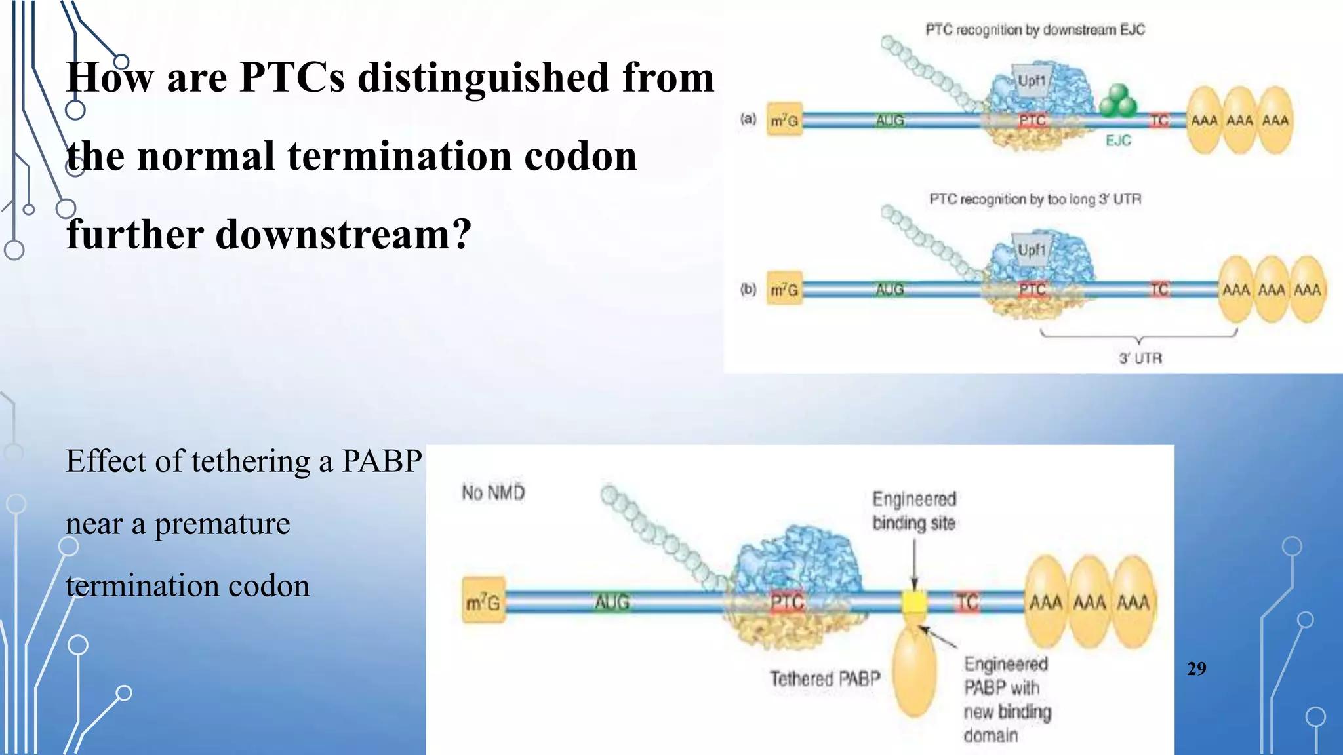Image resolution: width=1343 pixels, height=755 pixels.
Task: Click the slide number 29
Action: pos(1196,668)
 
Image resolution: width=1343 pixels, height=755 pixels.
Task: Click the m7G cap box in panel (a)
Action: pos(784,121)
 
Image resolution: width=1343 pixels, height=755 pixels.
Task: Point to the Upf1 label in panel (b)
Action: pos(1032,250)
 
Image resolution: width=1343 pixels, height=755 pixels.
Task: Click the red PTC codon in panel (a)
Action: pos(1032,121)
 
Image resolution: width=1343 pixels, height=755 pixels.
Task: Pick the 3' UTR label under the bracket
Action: pos(1140,358)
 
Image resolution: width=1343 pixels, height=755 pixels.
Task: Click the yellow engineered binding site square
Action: pos(914,602)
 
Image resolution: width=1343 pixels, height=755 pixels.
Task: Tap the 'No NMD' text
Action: pos(493,492)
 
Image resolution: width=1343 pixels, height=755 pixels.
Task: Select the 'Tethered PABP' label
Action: pos(825,678)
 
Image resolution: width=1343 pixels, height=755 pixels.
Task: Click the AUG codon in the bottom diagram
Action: pos(612,602)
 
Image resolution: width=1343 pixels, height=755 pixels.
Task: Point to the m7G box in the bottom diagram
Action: pos(483,602)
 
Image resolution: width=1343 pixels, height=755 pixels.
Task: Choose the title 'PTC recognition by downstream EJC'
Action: pos(1035,29)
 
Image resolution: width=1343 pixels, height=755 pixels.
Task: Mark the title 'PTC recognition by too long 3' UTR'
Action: pos(1035,199)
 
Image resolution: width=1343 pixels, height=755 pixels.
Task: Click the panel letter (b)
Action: pos(748,289)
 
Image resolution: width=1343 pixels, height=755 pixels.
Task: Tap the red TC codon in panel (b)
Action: pos(1159,289)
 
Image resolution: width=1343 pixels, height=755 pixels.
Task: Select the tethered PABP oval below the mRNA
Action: pos(915,672)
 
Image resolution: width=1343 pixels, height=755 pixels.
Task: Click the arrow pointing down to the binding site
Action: pos(914,564)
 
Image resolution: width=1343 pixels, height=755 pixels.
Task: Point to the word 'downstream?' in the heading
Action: pos(343,235)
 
